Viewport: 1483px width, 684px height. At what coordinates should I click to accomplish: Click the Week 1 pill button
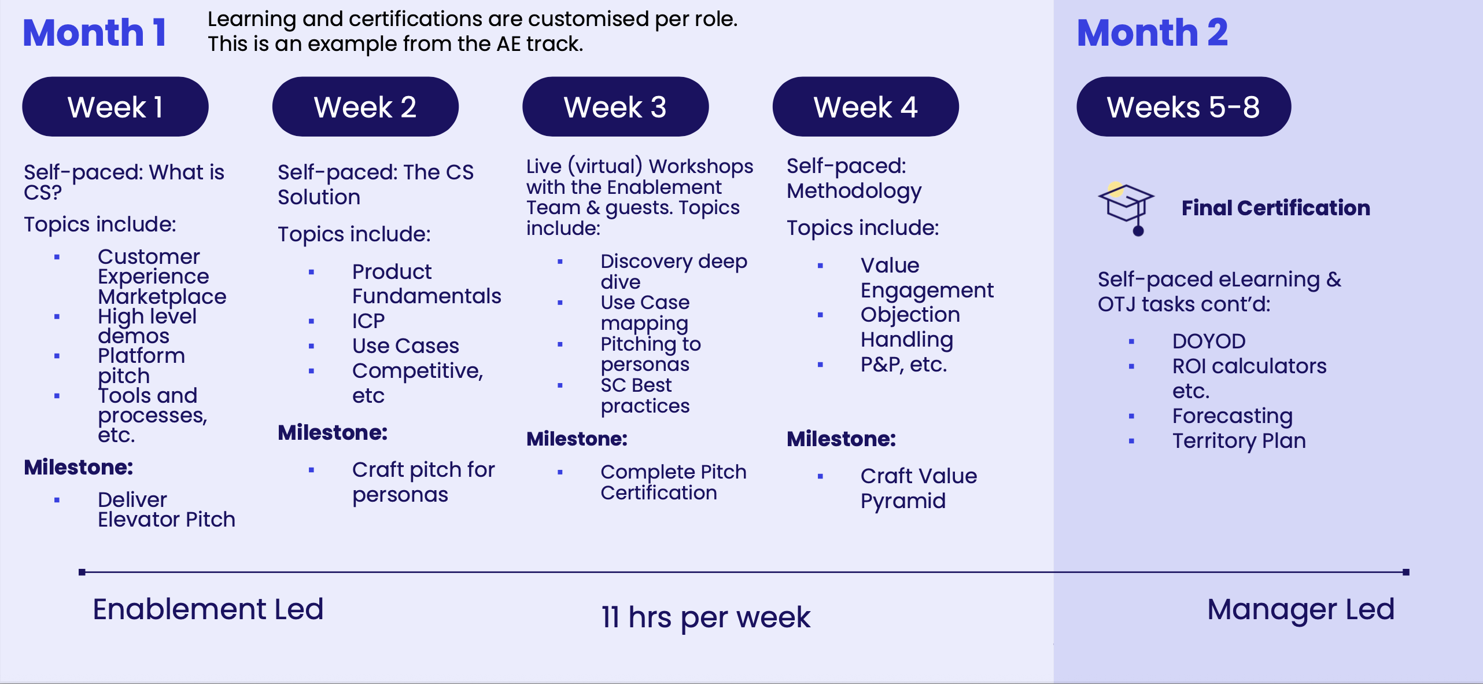click(x=115, y=106)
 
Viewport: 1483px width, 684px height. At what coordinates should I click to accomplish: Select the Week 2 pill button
click(x=365, y=106)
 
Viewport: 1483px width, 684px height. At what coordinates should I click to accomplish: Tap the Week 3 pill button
click(x=615, y=106)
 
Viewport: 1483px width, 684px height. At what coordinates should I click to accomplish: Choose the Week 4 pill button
click(x=865, y=106)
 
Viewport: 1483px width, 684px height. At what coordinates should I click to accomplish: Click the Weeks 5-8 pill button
click(x=1183, y=106)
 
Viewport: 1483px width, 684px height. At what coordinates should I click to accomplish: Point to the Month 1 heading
click(x=95, y=32)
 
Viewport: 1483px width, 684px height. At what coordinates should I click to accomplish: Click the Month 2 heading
click(x=1152, y=32)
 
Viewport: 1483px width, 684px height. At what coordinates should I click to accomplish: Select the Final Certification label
click(x=1276, y=208)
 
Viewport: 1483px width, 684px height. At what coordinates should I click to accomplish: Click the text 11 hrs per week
click(x=706, y=617)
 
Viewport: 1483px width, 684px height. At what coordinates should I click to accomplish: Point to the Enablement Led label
click(x=208, y=609)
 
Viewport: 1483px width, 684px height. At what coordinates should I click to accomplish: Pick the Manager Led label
click(x=1301, y=609)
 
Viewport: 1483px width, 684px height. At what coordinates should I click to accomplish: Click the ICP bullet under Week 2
click(x=368, y=321)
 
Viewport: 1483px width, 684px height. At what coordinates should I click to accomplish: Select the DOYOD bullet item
click(x=1209, y=341)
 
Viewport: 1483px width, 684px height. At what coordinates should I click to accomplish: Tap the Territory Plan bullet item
click(x=1239, y=441)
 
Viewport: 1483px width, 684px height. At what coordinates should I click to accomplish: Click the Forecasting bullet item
click(x=1232, y=416)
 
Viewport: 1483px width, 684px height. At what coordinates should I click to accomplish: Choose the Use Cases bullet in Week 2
click(x=405, y=345)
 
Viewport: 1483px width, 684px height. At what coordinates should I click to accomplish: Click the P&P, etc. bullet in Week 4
click(x=903, y=365)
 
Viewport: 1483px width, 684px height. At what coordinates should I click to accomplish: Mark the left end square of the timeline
click(x=82, y=572)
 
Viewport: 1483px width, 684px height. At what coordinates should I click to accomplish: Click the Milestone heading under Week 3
click(x=577, y=439)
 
